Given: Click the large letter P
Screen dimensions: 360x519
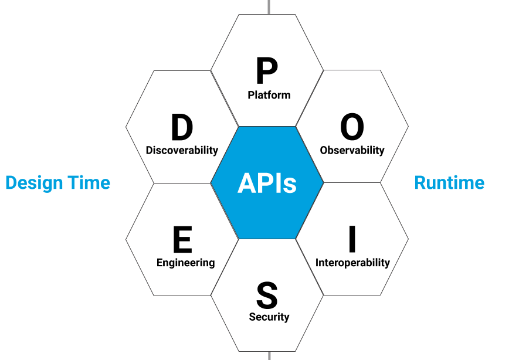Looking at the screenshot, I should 267,72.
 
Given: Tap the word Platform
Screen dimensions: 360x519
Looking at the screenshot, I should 269,94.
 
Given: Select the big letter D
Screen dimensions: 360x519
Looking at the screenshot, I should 182,127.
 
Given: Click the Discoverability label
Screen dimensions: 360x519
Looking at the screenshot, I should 182,150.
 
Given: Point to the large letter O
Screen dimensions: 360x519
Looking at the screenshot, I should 352,127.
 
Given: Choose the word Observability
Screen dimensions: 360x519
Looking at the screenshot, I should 352,150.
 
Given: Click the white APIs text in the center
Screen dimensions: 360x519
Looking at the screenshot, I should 267,184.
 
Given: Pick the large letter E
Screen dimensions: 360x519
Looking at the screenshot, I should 182,240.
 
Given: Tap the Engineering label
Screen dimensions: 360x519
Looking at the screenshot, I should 185,263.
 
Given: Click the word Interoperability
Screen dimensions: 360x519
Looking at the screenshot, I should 352,263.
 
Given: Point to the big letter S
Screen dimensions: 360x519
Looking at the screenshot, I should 267,295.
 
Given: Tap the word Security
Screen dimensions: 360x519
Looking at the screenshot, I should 269,317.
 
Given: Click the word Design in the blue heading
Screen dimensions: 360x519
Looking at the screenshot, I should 33,183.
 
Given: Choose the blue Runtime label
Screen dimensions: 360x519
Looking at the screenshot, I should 449,183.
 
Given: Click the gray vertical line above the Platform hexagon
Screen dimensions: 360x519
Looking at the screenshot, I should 269,6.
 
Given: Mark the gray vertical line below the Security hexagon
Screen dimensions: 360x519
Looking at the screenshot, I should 269,355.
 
